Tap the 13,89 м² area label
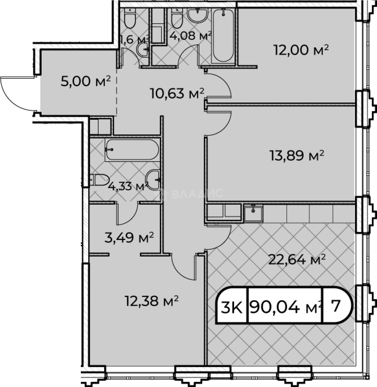pos(297,156)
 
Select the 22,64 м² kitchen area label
pos(297,260)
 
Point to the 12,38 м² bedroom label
pos(152,301)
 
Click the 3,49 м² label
pos(129,238)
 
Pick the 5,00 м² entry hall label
pos(86,81)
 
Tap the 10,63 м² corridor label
pos(177,94)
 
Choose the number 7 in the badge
pos(336,306)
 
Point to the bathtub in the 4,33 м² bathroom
pos(132,150)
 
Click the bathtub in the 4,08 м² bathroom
pos(223,35)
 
